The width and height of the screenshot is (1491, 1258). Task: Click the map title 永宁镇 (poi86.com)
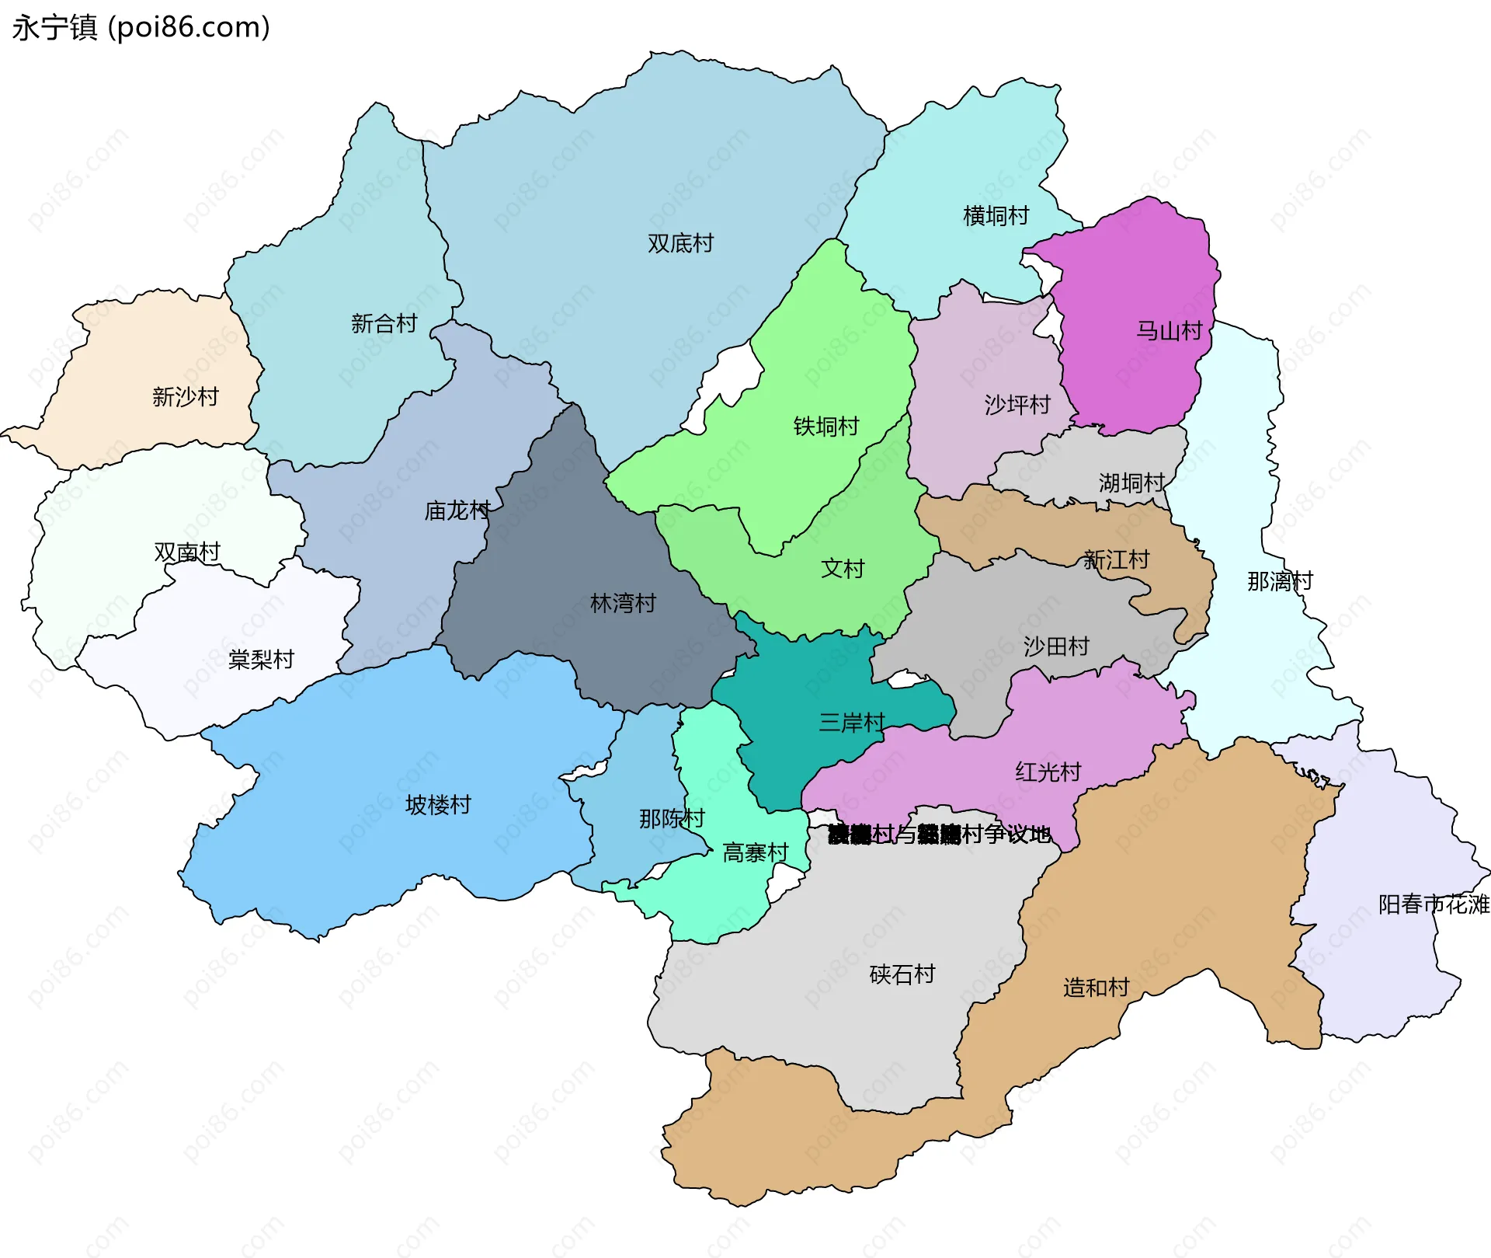(x=141, y=28)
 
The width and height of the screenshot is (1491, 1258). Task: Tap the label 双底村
(x=680, y=243)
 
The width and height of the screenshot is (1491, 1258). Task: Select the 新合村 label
(x=384, y=323)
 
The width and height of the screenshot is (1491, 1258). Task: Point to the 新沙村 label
(x=185, y=397)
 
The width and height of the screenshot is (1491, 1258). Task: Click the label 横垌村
(x=996, y=215)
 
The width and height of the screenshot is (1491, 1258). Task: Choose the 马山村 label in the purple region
(x=1169, y=331)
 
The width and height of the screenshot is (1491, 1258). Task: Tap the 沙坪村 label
(x=1017, y=405)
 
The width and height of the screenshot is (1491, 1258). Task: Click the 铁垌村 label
(x=825, y=427)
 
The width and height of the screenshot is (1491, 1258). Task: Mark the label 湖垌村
(x=1131, y=483)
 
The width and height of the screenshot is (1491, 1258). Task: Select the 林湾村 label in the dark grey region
(x=623, y=603)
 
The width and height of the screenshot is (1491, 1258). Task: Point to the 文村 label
(x=843, y=569)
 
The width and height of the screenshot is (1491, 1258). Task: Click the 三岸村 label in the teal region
(x=851, y=723)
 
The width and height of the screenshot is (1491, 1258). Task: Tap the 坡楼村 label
(x=438, y=805)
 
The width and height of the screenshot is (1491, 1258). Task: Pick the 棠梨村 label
(x=261, y=660)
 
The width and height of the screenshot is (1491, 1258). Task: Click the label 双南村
(x=187, y=552)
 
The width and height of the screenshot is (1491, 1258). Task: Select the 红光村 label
(x=1048, y=772)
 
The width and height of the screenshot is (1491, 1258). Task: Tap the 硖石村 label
(x=902, y=974)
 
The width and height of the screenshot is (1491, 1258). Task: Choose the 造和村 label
(x=1096, y=988)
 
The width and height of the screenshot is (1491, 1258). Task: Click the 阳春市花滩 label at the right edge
(x=1433, y=904)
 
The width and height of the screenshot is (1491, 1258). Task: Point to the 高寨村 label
(x=755, y=853)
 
